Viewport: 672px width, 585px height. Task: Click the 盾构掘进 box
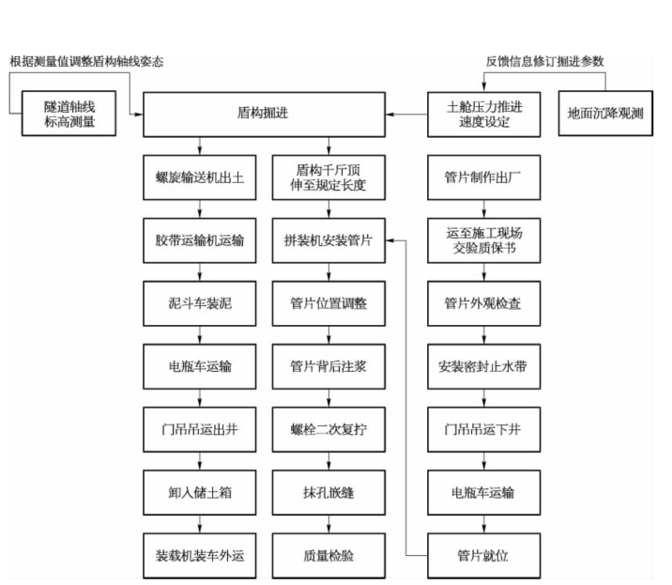coord(264,115)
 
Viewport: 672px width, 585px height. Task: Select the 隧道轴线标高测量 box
coord(69,114)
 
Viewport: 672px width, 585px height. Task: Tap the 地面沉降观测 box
coord(605,114)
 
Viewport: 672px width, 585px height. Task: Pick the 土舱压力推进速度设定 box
coord(484,115)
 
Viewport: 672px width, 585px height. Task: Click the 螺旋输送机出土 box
coord(200,177)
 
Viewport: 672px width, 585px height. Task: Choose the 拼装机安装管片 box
coord(328,240)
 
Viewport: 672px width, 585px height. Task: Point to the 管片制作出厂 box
coord(484,177)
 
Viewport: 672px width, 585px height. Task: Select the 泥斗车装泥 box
coord(200,303)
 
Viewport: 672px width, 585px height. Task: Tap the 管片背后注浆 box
coord(328,367)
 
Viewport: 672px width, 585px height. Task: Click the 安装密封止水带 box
coord(484,367)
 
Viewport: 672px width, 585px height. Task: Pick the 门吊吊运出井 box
coord(200,430)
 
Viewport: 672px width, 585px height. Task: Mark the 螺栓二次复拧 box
coord(328,430)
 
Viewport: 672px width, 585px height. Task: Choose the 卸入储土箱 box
coord(200,493)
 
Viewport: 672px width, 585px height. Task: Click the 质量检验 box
coord(328,556)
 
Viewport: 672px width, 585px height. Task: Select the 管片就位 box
coord(484,556)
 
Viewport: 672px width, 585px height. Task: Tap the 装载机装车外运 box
coord(200,556)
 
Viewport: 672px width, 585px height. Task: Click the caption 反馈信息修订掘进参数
coord(544,61)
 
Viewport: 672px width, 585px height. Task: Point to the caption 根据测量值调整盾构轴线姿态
coord(86,61)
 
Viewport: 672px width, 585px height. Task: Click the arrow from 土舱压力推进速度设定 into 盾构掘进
coord(406,115)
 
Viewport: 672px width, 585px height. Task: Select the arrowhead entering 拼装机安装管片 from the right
coord(389,240)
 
